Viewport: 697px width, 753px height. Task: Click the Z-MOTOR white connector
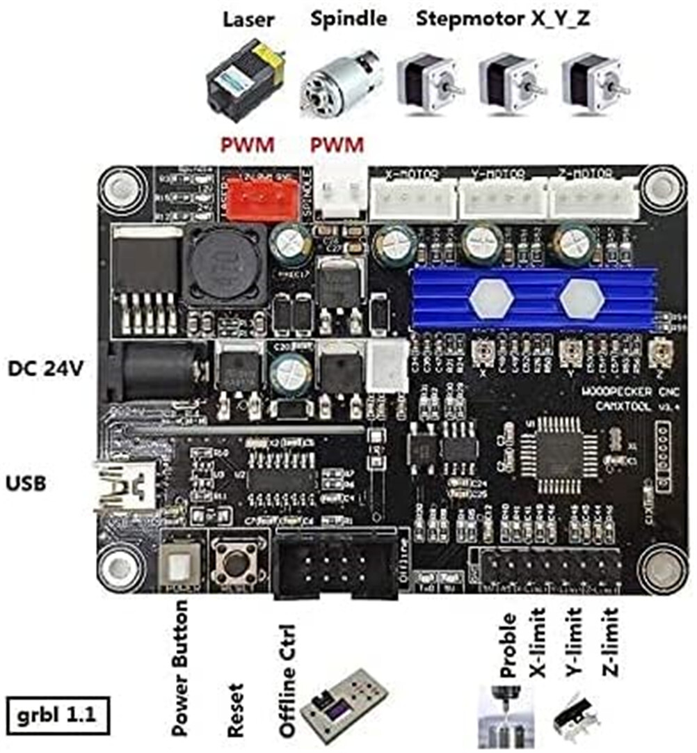click(x=593, y=198)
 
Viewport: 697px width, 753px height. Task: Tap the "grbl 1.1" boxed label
click(x=58, y=714)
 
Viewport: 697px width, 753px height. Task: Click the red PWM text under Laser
click(x=247, y=145)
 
